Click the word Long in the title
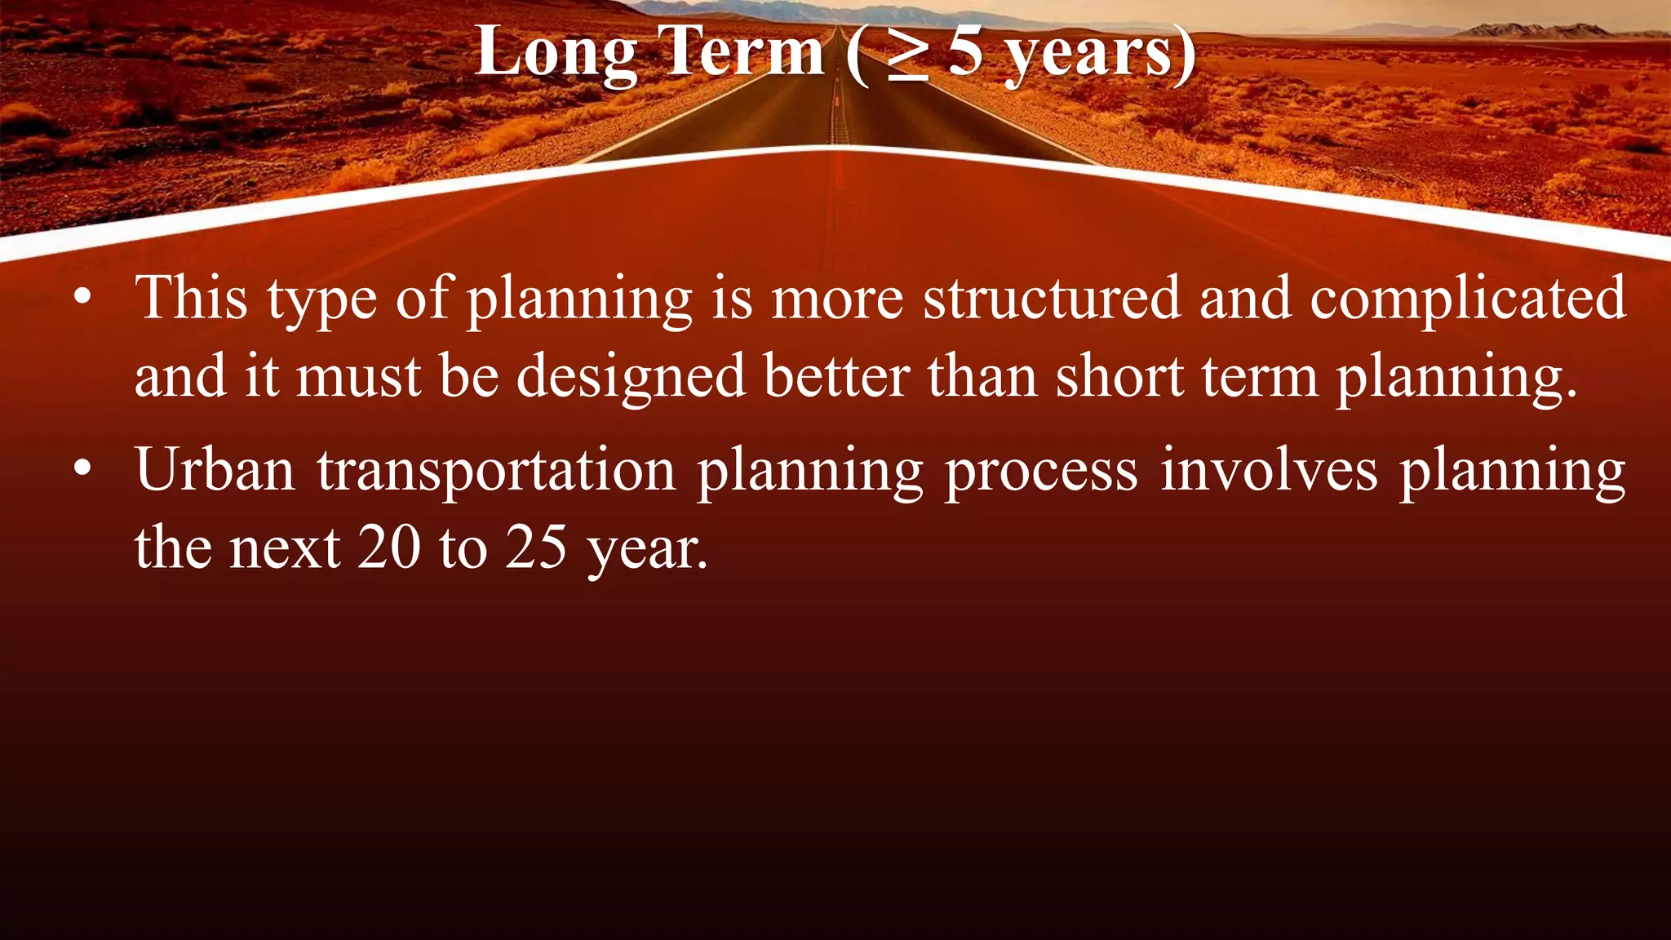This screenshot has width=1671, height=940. point(556,53)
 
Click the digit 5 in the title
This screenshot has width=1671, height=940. point(966,51)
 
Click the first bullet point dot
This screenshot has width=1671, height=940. point(82,298)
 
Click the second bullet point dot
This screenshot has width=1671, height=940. point(82,469)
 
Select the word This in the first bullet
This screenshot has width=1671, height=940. point(191,297)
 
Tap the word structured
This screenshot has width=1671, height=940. point(1052,297)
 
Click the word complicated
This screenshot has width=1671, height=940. point(1468,299)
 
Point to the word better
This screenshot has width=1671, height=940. point(836,376)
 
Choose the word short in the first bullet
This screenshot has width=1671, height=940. point(1119,376)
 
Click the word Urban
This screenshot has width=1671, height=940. point(215,470)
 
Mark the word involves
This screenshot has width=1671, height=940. point(1269,471)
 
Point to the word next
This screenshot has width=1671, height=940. point(284,548)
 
